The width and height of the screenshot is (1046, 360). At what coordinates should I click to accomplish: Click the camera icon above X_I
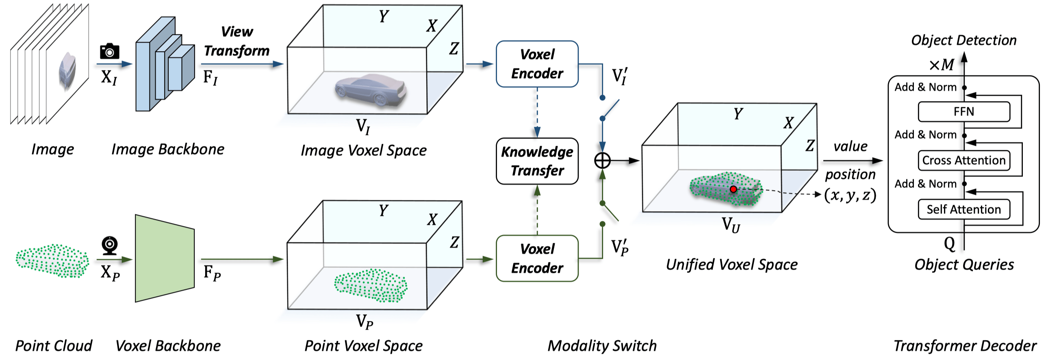(x=109, y=51)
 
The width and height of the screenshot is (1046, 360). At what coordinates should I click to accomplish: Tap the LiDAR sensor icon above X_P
(x=109, y=245)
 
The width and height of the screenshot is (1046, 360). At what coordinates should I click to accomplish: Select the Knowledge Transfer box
(x=537, y=161)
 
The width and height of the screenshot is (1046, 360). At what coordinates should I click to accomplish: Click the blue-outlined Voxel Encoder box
(x=537, y=64)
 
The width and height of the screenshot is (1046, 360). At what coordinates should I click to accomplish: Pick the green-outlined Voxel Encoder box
(x=537, y=258)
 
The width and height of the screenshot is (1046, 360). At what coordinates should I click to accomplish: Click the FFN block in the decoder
(x=964, y=112)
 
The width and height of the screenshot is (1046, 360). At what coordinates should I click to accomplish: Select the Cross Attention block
(x=964, y=160)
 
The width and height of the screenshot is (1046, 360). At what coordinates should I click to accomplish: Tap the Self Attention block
(x=964, y=209)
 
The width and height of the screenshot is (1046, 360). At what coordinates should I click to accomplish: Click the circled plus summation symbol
(x=602, y=161)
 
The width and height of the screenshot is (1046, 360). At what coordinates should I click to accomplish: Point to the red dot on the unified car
(x=733, y=189)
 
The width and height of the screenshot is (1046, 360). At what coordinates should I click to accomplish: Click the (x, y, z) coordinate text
(x=850, y=195)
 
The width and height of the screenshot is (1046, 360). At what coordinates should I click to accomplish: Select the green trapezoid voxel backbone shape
(x=165, y=258)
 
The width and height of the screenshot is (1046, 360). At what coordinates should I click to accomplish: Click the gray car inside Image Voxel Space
(x=371, y=90)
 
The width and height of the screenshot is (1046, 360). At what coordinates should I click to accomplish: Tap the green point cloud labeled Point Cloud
(x=52, y=260)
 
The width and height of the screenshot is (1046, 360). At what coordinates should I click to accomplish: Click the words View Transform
(x=237, y=41)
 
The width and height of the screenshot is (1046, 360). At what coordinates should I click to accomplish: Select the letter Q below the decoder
(x=949, y=243)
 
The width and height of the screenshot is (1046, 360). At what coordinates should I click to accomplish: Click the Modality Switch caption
(x=602, y=346)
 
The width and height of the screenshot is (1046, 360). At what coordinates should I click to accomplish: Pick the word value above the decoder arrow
(x=850, y=146)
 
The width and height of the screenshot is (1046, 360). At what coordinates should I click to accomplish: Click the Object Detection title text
(x=964, y=40)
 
